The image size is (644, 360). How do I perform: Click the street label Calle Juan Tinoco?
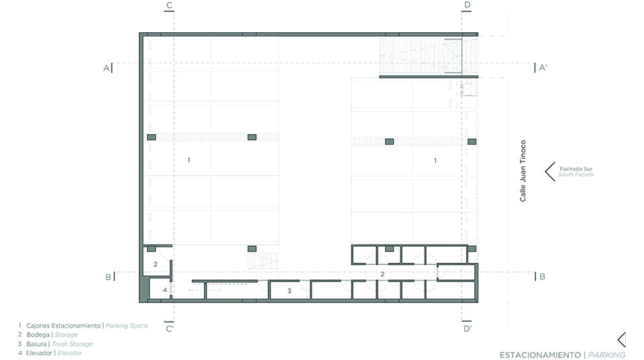[523, 171]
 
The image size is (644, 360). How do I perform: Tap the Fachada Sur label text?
[576, 169]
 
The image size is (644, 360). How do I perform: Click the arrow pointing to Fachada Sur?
[549, 172]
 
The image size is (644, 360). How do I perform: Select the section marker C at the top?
[169, 5]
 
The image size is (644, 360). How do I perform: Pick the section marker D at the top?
[467, 5]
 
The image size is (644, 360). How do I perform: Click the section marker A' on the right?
[543, 68]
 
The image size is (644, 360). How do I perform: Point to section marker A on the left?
[106, 68]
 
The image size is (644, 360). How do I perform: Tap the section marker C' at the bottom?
[170, 328]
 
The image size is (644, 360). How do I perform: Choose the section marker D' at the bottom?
[468, 328]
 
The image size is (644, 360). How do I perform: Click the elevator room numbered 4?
[160, 289]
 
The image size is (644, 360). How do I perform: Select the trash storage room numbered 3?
[290, 291]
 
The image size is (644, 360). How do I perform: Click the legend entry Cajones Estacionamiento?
[63, 326]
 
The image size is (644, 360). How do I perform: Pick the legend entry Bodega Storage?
[52, 335]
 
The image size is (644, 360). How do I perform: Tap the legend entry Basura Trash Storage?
[60, 344]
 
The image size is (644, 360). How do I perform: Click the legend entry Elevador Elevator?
[54, 353]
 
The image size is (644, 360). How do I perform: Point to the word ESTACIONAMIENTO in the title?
[540, 355]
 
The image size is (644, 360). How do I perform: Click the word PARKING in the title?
[606, 355]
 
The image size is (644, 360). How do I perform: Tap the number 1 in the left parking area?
[189, 160]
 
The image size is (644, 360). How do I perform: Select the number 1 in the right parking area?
[435, 160]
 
